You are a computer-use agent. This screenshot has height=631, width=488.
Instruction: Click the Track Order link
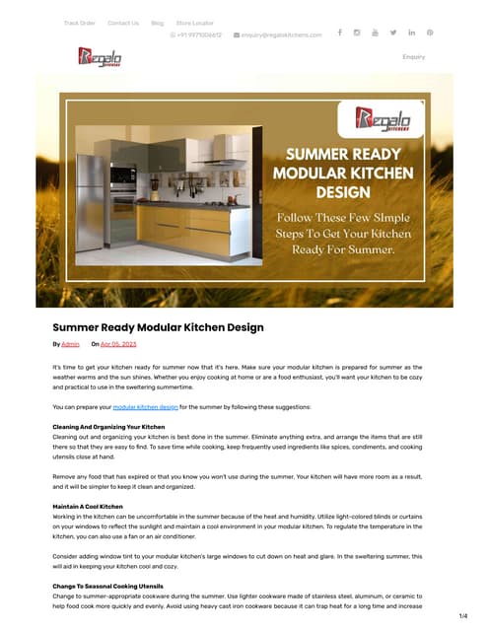click(x=80, y=23)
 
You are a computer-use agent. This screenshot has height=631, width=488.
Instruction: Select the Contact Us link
click(x=123, y=23)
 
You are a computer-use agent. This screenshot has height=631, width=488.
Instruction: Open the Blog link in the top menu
click(x=158, y=23)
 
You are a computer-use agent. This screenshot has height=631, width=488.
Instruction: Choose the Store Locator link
click(x=194, y=23)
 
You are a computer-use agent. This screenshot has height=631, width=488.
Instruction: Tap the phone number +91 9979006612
click(x=197, y=35)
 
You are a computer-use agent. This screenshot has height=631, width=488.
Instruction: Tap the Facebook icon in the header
click(x=340, y=33)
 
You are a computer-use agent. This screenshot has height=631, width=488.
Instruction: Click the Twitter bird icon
click(x=393, y=33)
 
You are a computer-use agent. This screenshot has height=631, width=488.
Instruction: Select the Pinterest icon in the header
click(x=430, y=33)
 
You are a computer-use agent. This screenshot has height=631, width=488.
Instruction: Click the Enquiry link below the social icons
click(x=414, y=57)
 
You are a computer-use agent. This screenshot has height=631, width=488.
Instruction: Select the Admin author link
click(x=71, y=344)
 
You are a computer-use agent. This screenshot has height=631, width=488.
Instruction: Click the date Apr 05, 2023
click(x=118, y=344)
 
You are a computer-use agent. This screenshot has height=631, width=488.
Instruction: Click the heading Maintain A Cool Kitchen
click(x=88, y=506)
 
